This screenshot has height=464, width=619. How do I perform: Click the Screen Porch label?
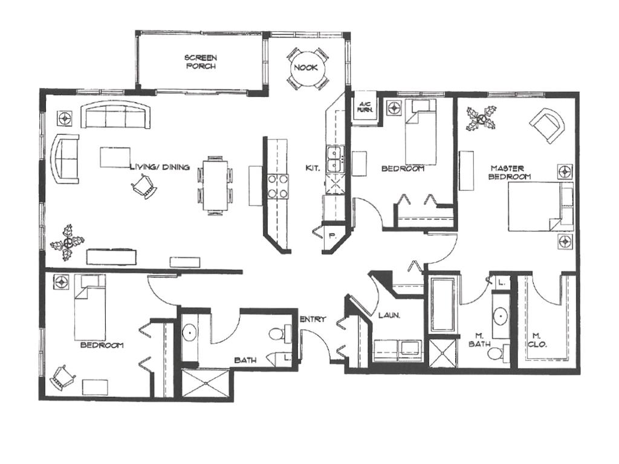pos(201,62)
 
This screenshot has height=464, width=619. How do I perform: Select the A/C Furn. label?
pos(365,107)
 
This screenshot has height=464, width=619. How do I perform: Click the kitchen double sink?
pos(333,159)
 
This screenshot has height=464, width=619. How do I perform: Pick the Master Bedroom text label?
pos(510,172)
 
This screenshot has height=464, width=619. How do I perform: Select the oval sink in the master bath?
pos(500,315)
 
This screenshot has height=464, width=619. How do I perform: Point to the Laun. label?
pos(387,315)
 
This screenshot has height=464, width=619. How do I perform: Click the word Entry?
pos(313,319)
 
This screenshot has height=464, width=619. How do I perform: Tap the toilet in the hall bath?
pos(278,333)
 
